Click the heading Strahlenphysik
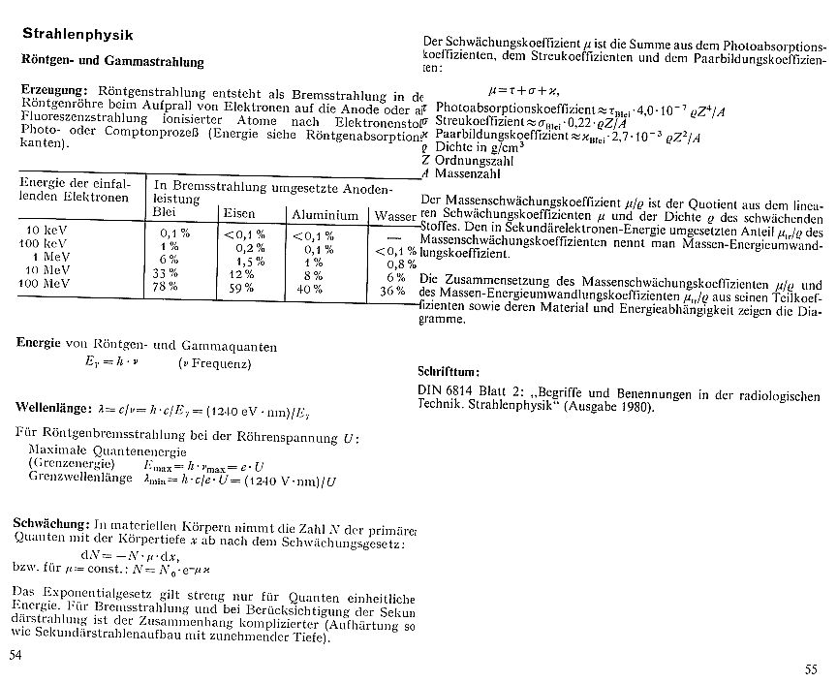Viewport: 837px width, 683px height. (x=77, y=35)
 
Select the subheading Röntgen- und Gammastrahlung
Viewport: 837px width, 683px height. (x=112, y=62)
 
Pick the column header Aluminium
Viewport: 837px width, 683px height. (x=325, y=214)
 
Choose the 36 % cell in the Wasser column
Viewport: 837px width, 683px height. (x=391, y=290)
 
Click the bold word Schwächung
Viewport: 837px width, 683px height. (x=53, y=523)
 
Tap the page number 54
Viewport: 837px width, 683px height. (x=15, y=656)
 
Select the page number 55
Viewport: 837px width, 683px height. (x=810, y=669)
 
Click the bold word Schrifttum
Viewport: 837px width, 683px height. (x=454, y=371)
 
